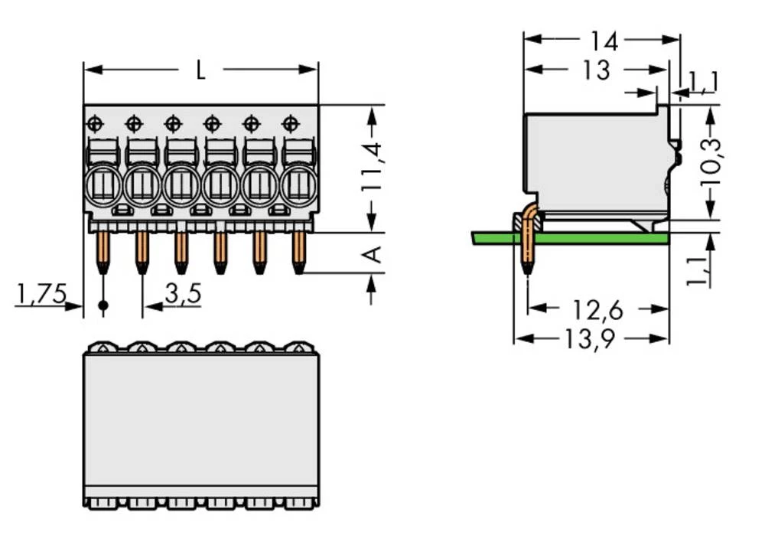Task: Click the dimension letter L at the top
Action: coord(200,71)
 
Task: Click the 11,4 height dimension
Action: coord(373,167)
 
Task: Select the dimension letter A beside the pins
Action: coord(373,253)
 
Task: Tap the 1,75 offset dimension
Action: coord(41,292)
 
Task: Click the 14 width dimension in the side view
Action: coord(604,40)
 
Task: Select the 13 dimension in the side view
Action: coord(596,70)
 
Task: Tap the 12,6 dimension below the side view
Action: coord(597,310)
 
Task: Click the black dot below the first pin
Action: coord(103,306)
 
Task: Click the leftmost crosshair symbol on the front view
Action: coord(95,122)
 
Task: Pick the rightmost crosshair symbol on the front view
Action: coord(290,122)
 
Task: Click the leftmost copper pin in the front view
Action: coord(102,251)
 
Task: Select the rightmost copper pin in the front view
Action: coord(298,251)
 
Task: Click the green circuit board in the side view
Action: coord(597,238)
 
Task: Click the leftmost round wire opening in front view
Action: coord(103,186)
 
